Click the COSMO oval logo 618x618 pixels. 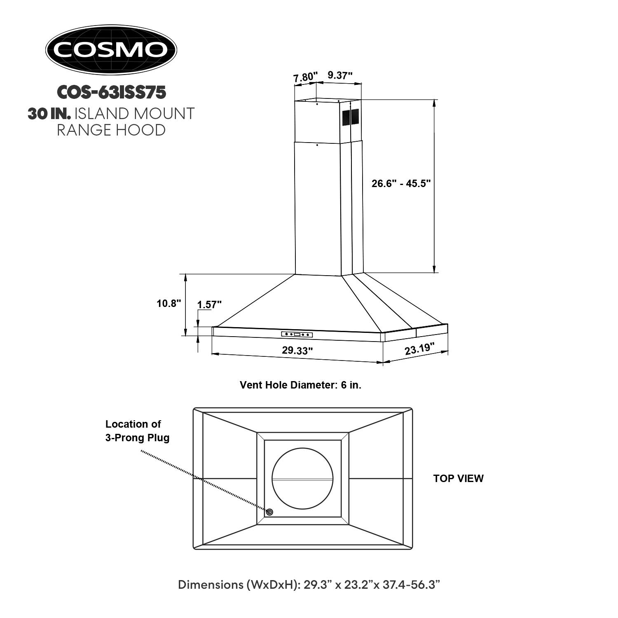point(111,49)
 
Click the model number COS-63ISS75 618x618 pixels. point(111,92)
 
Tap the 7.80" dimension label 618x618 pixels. point(305,77)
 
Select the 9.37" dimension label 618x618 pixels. point(340,75)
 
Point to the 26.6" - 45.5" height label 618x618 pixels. point(401,183)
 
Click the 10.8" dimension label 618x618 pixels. point(169,304)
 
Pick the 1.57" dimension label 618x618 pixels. point(209,305)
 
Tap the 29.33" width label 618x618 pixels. point(297,351)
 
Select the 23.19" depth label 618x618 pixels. point(420,349)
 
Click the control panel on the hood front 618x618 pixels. point(297,334)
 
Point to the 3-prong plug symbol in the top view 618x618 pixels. point(269,512)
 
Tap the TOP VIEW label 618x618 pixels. point(458,478)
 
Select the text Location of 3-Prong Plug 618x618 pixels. point(137,431)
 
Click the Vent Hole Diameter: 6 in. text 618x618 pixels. point(300,385)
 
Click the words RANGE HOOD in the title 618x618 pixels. point(111,130)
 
